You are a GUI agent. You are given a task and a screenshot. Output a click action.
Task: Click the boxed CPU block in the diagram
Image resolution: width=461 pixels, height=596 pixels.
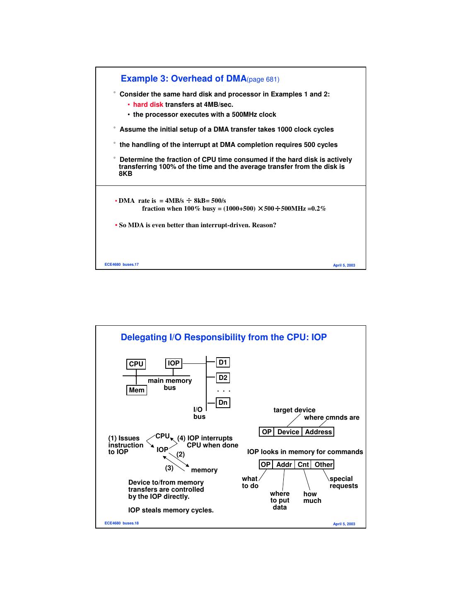coord(136,364)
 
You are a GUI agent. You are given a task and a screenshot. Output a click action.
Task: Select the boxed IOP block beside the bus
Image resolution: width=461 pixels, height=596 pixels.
coord(174,363)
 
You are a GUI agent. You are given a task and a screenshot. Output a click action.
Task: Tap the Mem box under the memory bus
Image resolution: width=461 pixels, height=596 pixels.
coord(137,390)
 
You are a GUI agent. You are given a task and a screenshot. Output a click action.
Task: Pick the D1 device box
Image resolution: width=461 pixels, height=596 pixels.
coord(223,363)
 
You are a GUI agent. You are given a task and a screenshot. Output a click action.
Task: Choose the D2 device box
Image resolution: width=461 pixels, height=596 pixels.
coord(223,377)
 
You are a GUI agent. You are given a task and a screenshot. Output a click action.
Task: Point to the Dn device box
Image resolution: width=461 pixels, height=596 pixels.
coord(223,402)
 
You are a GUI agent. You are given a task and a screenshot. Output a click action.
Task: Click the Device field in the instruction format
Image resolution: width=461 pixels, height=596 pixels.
coord(288,432)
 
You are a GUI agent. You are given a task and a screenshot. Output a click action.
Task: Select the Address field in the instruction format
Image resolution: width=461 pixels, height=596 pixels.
coord(318,432)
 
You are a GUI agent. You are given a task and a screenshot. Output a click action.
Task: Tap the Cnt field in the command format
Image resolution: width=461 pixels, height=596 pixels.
coord(303,464)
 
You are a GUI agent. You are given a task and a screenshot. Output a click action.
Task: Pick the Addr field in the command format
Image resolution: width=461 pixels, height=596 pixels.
coord(284,464)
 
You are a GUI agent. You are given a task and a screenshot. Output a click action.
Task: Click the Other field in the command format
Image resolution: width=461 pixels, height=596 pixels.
coord(323,464)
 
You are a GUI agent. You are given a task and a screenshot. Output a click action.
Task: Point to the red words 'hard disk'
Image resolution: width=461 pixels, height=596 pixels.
coord(148,104)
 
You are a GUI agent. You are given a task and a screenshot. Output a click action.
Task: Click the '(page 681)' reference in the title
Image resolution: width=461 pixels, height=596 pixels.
coord(263,79)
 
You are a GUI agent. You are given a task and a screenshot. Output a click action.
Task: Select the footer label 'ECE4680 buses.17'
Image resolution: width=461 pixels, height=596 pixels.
coord(121,264)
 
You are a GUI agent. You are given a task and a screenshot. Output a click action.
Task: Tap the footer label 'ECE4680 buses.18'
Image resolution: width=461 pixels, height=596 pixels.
coord(121,523)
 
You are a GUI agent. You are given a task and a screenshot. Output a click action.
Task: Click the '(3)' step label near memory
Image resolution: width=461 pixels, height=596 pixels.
coord(169,468)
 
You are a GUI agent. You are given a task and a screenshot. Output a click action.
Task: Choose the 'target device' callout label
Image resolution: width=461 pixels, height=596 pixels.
coord(294,410)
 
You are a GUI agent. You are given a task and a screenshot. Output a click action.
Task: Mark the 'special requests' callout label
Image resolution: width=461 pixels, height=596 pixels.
coord(343,482)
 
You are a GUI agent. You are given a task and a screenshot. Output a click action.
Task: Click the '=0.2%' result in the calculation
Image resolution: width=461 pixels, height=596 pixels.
coord(317,209)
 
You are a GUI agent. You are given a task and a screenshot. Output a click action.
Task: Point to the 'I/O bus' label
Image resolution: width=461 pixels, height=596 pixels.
coord(199,413)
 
